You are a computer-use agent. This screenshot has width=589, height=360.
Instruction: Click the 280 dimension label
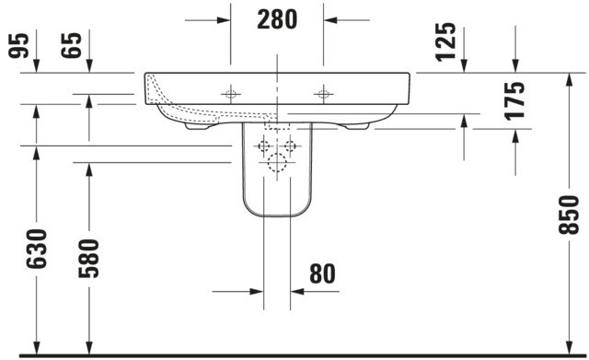[277, 19]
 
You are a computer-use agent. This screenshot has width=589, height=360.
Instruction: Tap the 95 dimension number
[18, 45]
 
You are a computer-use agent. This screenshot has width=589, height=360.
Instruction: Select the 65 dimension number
[71, 45]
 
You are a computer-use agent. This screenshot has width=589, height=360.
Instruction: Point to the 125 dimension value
[445, 41]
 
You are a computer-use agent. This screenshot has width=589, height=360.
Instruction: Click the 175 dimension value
[514, 101]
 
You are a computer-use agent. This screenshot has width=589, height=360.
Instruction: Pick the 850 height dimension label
[569, 215]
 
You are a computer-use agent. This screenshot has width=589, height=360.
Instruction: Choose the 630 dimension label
[37, 249]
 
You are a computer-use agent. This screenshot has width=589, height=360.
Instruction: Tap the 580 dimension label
[89, 258]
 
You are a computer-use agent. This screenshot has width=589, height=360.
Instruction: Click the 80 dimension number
[322, 273]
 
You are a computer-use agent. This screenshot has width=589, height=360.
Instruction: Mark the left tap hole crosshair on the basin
[231, 94]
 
